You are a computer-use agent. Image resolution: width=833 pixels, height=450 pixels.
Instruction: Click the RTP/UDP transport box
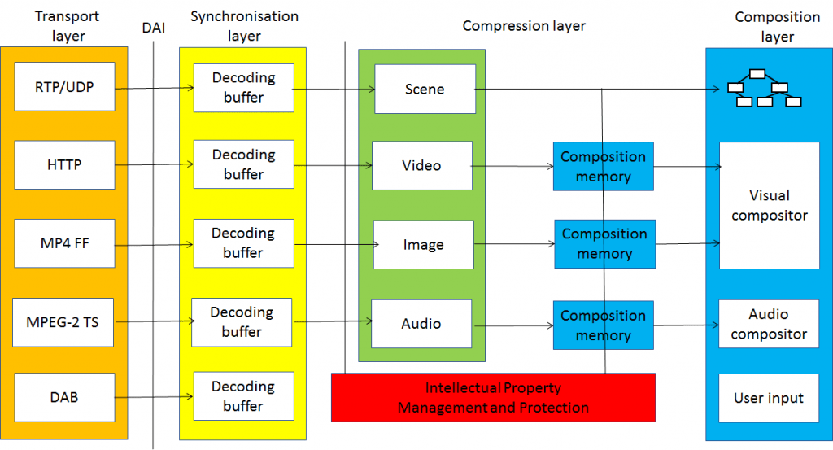[x=64, y=86]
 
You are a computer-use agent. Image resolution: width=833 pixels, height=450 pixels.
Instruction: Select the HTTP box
[x=64, y=165]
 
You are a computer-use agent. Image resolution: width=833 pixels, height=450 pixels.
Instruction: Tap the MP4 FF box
[x=64, y=243]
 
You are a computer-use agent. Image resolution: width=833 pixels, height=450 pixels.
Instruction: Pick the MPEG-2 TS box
[x=64, y=322]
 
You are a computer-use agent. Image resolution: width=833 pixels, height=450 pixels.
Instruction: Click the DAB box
[x=64, y=398]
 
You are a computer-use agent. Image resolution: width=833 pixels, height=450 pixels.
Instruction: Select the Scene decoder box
[x=425, y=89]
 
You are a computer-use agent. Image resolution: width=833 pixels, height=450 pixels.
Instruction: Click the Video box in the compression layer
[x=421, y=166]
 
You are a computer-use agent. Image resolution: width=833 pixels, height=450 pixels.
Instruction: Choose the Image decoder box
[x=423, y=245]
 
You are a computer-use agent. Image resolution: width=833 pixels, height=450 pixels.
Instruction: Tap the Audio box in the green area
[x=421, y=324]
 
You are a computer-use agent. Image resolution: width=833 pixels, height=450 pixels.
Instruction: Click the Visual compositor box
[x=769, y=205]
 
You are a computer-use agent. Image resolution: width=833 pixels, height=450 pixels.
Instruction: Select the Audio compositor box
[x=769, y=324]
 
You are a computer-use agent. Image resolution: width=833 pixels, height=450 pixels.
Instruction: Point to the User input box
[x=769, y=398]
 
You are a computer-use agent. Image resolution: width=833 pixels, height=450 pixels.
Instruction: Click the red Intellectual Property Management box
[x=493, y=398]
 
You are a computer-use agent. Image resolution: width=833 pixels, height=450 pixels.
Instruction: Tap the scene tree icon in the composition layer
[x=764, y=89]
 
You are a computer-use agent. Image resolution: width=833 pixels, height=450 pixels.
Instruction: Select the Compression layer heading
[x=524, y=26]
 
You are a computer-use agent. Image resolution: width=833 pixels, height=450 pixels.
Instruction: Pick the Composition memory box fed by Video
[x=603, y=167]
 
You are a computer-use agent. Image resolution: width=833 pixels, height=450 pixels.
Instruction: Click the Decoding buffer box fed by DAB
[x=242, y=396]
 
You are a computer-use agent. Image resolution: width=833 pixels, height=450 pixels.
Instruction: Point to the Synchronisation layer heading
[x=244, y=26]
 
